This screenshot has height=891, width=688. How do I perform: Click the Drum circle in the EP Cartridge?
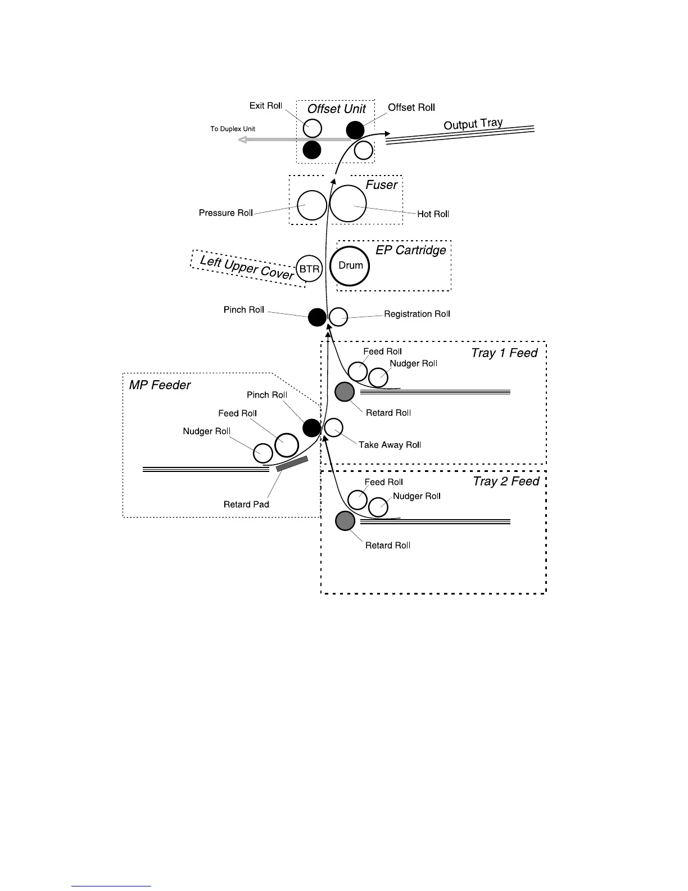350,266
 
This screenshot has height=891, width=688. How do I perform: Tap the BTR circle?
309,269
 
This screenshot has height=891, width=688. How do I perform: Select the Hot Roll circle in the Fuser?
348,204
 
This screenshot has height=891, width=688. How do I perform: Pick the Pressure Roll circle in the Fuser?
311,205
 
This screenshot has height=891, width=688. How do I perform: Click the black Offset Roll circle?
355,130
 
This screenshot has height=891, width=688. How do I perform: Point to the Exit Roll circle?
313,128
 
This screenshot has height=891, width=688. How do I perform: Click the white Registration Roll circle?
338,317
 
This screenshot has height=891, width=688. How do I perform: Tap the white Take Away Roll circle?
334,427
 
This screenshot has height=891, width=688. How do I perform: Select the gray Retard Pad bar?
292,463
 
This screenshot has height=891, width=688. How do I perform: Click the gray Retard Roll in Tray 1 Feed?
345,391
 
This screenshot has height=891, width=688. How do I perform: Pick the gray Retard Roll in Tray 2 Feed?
345,521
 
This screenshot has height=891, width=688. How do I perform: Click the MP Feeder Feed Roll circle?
287,445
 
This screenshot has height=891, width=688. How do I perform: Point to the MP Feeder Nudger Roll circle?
262,452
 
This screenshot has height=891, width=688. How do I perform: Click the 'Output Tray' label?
473,124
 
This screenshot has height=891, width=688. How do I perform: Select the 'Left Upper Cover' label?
247,267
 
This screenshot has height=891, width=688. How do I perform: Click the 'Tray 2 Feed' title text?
506,481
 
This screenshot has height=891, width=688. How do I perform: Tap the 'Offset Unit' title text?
336,109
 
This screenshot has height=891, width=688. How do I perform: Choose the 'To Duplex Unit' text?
233,129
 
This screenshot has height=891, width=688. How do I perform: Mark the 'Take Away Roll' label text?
390,445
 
